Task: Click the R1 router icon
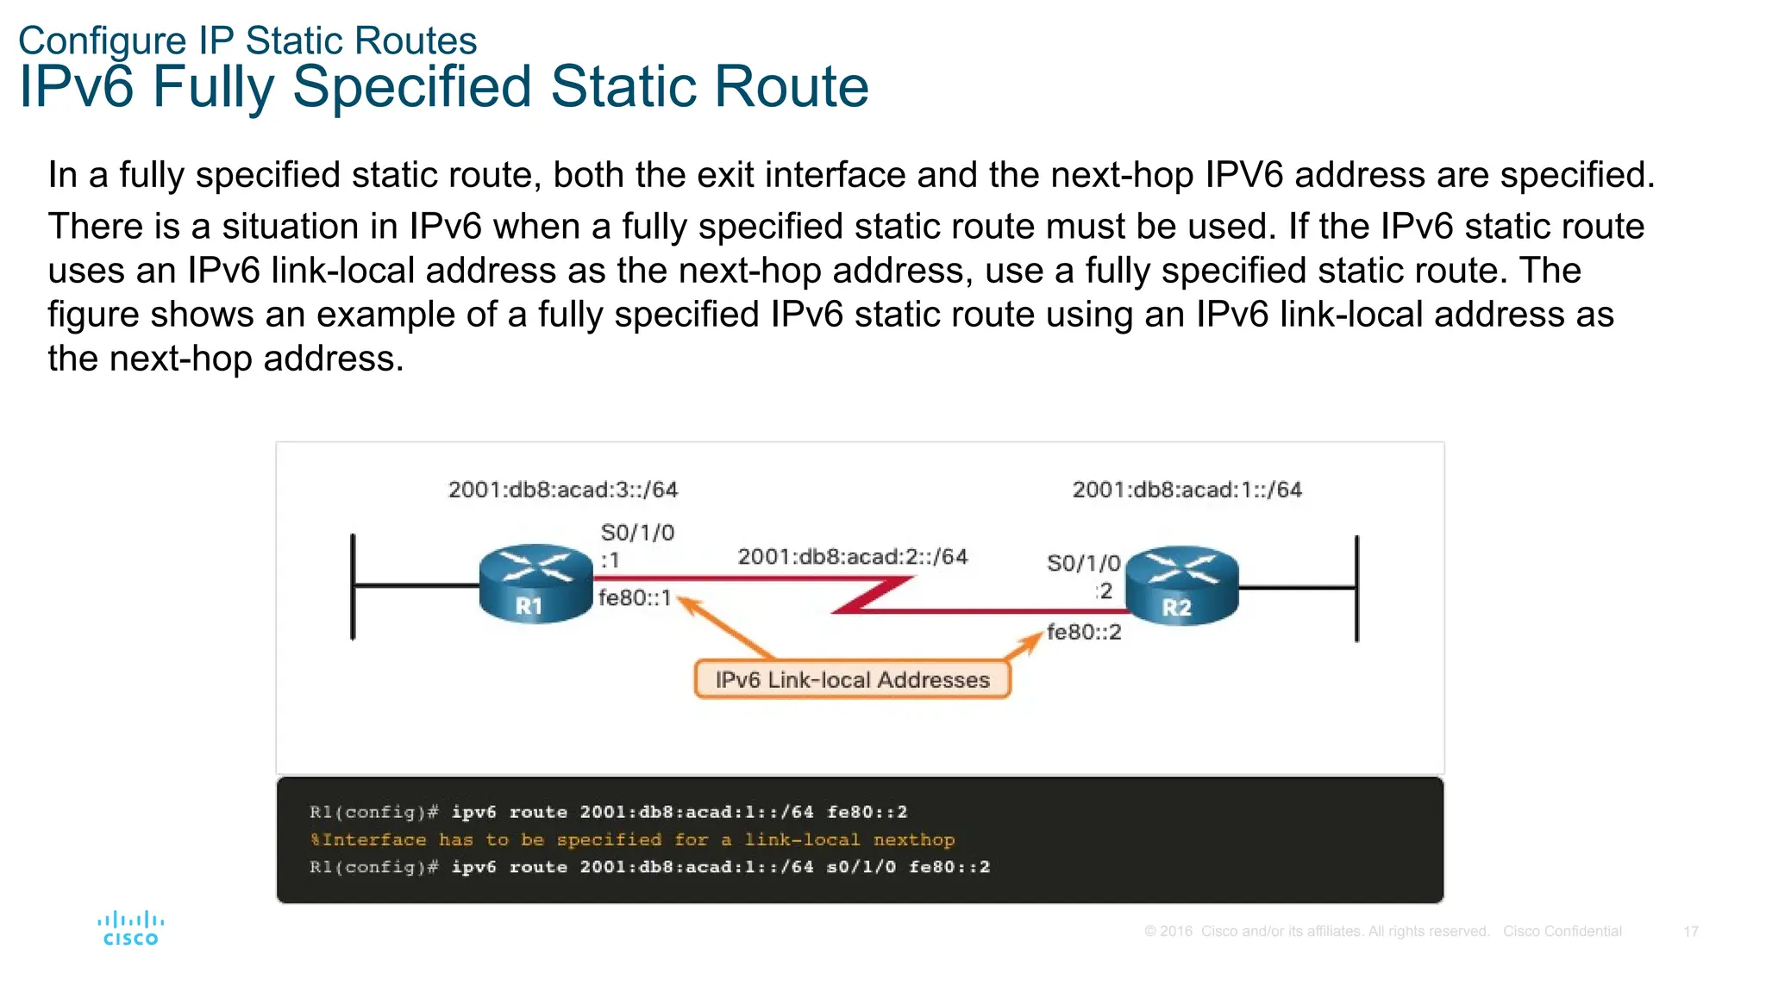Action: coord(535,584)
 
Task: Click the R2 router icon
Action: coord(1181,585)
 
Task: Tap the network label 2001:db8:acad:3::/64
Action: coord(563,490)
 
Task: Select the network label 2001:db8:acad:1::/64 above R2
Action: coord(1187,490)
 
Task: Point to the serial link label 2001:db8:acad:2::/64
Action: coord(852,557)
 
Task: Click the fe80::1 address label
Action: coord(635,597)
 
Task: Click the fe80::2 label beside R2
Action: coord(1084,632)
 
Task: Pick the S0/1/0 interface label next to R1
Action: coord(637,533)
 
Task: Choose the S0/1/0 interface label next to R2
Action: coord(1083,563)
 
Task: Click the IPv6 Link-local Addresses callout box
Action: coord(852,679)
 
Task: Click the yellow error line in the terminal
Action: coord(632,840)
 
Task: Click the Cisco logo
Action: coord(130,929)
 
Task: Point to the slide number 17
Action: coord(1690,932)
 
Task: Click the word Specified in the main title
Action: coord(412,87)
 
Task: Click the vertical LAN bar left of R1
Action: coord(353,587)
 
